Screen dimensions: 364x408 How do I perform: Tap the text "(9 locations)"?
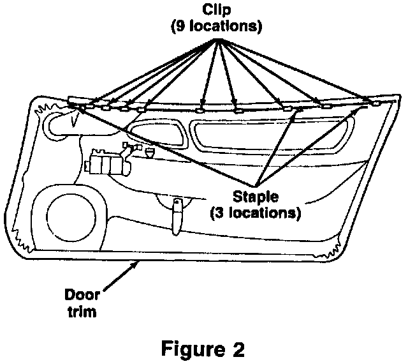(x=219, y=28)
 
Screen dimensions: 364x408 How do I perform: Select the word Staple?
(x=254, y=195)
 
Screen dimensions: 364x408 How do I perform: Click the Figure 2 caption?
(x=203, y=349)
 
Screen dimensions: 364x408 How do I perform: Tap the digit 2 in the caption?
(x=237, y=349)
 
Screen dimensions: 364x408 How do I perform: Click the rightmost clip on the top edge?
(x=375, y=102)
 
